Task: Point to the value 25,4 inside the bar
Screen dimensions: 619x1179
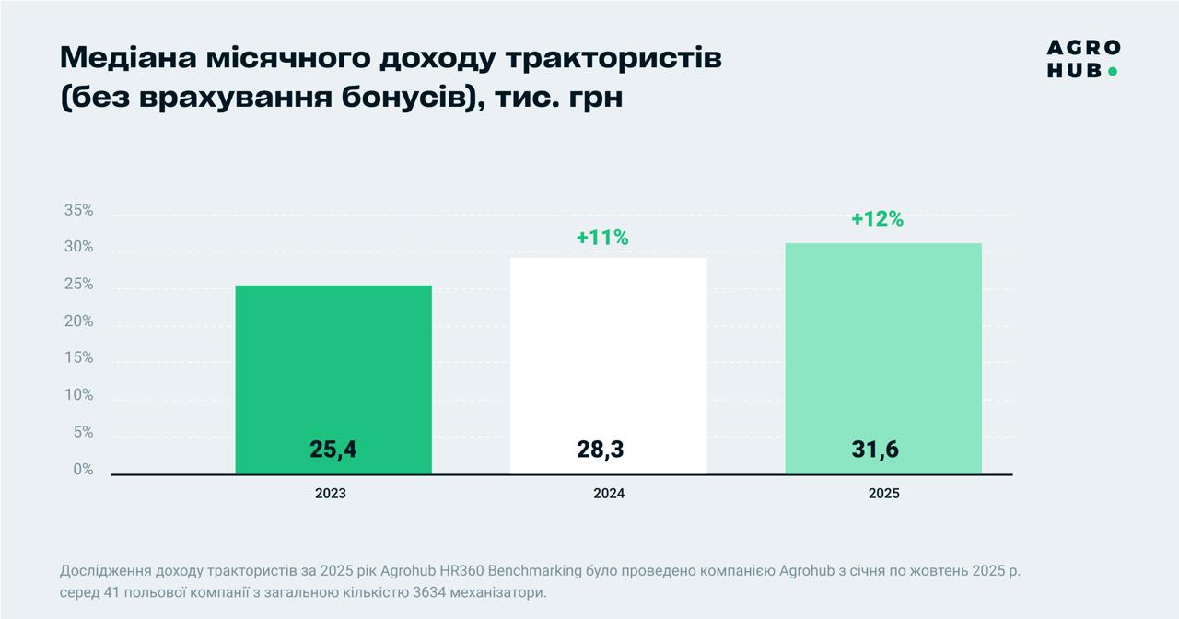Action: coord(333,450)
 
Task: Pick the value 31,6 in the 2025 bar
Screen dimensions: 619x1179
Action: coord(875,450)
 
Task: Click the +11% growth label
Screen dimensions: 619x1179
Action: coord(602,238)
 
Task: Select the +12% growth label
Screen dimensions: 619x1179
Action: coord(877,219)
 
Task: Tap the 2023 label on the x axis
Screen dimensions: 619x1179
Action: coord(331,494)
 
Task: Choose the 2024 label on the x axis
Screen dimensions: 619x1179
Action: coord(609,494)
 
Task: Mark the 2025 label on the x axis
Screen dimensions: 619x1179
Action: coord(883,494)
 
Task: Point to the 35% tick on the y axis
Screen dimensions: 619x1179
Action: coord(78,210)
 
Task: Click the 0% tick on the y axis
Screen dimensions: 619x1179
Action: coord(83,469)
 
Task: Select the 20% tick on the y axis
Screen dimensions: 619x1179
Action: coord(78,321)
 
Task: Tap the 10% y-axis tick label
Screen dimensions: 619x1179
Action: coord(78,395)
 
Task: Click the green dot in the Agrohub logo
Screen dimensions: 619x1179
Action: coord(1113,71)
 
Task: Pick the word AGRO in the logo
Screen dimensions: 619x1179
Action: coord(1083,48)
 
